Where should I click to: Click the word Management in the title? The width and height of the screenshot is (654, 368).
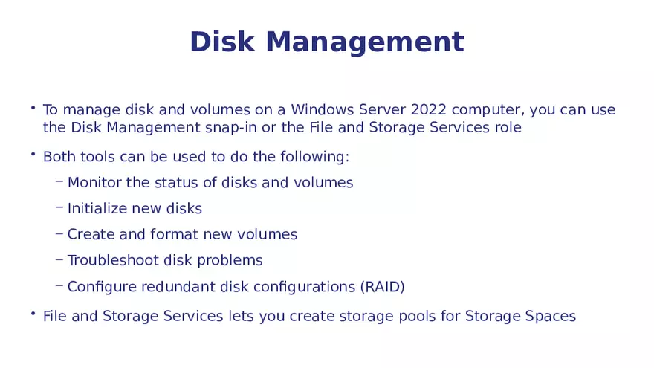click(364, 43)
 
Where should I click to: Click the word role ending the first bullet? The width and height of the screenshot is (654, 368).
click(508, 128)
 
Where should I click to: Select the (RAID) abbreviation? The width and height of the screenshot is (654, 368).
click(381, 287)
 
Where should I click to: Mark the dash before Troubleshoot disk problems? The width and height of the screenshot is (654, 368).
click(59, 259)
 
